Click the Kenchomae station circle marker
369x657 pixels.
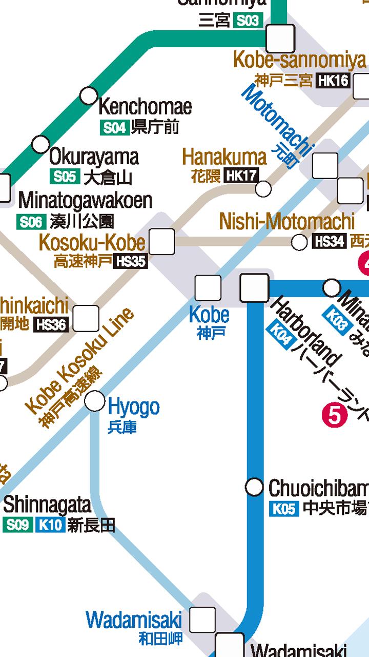89,95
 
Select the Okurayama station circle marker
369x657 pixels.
40,144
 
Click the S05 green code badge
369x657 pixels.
65,177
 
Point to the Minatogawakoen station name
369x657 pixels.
86,201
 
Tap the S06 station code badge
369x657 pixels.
31,222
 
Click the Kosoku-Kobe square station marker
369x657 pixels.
161,241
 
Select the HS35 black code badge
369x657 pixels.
131,261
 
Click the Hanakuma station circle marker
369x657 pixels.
263,189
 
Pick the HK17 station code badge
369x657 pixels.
241,176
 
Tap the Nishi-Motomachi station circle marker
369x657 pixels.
299,242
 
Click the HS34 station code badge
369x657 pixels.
329,241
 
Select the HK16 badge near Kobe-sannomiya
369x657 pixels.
333,81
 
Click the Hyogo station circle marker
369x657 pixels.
94,401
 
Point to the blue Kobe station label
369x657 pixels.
209,315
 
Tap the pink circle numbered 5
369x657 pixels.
334,415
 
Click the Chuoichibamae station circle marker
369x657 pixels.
254,487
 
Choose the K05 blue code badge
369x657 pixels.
284,509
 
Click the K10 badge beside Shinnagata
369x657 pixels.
50,526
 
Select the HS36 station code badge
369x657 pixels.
51,324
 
